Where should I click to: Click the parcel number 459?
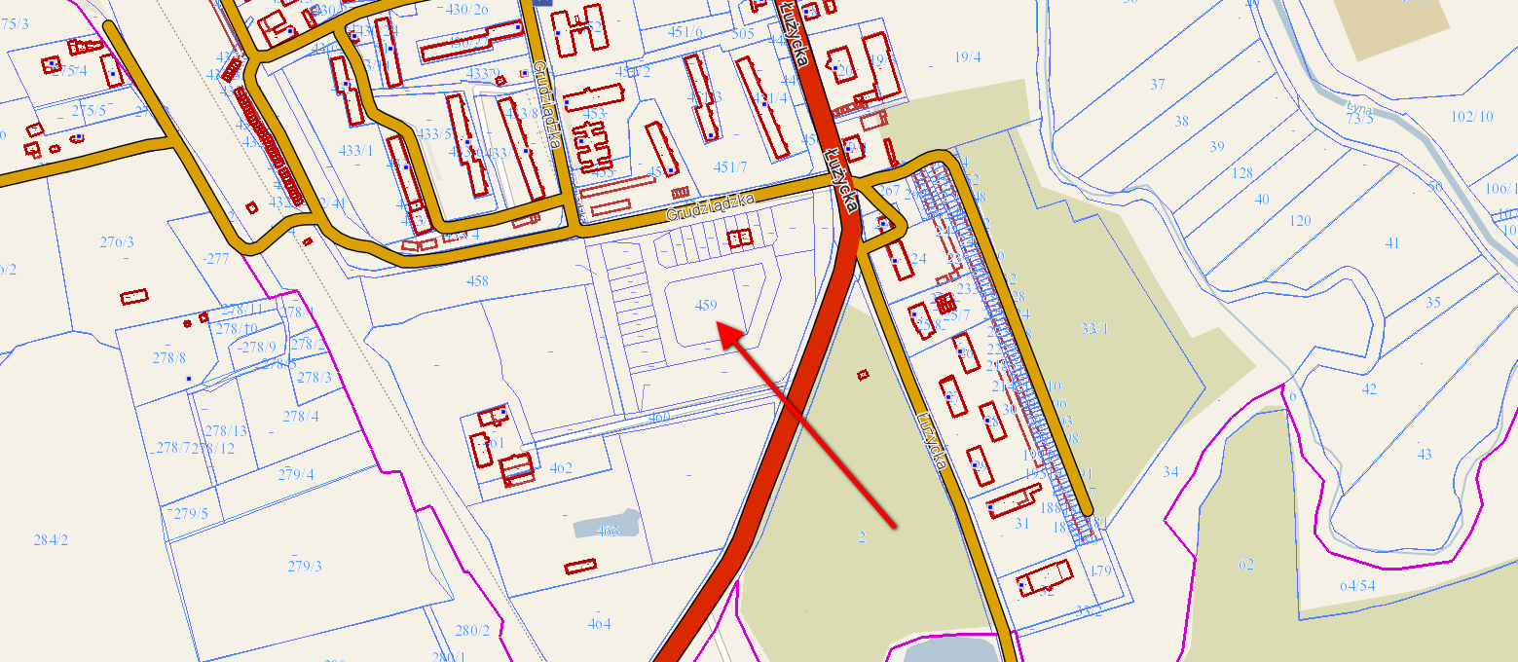click(707, 306)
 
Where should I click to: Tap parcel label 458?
click(477, 281)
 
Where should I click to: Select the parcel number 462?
click(561, 467)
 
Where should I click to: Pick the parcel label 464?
click(599, 623)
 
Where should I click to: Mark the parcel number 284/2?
click(51, 539)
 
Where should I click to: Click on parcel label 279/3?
click(305, 566)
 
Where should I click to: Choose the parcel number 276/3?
click(117, 241)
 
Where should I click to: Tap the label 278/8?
click(168, 357)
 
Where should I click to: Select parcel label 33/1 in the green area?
click(1095, 329)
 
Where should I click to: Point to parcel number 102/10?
click(1471, 117)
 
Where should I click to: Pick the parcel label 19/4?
click(967, 57)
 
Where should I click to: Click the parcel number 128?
click(1242, 173)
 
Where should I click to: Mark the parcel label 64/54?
click(1357, 585)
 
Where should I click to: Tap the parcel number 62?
click(1246, 565)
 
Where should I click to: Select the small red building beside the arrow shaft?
click(863, 374)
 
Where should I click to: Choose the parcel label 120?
click(1300, 221)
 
